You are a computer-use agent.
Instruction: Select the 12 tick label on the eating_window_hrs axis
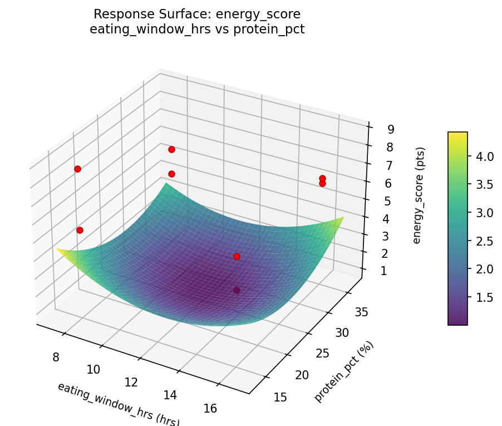coord(131,382)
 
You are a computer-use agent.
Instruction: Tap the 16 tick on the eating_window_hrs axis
coord(210,408)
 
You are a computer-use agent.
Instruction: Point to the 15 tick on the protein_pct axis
coord(280,396)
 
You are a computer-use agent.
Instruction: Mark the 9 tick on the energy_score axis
coord(391,129)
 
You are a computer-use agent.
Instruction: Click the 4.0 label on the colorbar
coord(484,156)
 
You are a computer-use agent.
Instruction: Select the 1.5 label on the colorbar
coord(484,297)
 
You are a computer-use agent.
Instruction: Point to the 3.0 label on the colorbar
coord(484,213)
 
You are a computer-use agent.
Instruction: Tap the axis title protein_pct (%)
coord(344,371)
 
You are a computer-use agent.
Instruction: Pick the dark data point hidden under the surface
coord(237,290)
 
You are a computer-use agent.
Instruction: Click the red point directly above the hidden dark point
coord(237,256)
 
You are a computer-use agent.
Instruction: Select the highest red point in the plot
coord(171,149)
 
